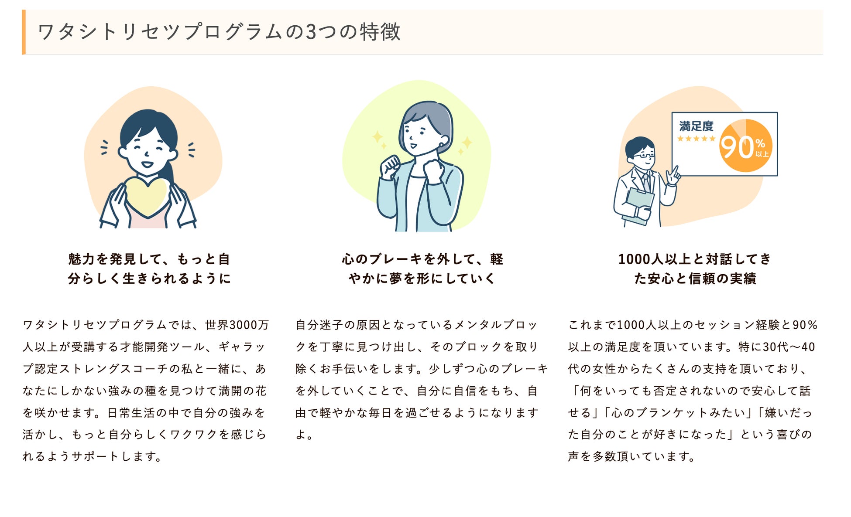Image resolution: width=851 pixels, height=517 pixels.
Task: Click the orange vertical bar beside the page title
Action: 24,32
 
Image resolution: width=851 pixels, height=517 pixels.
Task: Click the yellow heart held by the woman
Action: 147,196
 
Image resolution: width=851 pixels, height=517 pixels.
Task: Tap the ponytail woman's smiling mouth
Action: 147,165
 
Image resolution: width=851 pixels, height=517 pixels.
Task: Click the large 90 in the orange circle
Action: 736,147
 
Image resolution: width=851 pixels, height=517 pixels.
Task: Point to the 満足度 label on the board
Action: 696,126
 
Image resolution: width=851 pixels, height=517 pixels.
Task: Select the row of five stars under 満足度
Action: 696,139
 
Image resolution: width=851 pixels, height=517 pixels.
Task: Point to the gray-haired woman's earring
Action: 442,145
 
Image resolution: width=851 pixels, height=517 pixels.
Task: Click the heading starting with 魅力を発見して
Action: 149,269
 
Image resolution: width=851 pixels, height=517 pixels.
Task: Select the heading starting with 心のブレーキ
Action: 422,269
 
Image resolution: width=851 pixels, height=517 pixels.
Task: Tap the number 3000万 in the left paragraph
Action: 249,325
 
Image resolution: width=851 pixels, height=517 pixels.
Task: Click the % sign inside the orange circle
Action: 760,143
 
